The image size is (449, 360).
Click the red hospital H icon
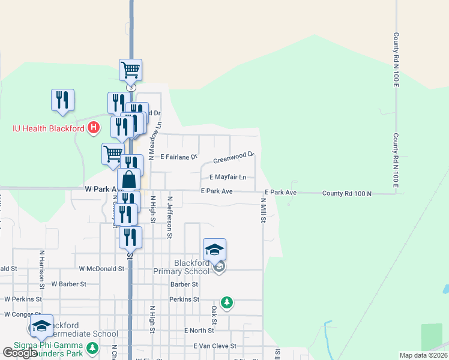coord(93,127)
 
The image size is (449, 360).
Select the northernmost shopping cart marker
coord(130,70)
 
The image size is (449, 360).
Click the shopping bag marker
coord(129,179)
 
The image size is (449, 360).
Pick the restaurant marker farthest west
coord(62,100)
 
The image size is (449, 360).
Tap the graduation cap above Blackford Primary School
coord(214,248)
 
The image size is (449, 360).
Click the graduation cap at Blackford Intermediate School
coord(41,325)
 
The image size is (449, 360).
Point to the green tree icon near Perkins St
coord(227,302)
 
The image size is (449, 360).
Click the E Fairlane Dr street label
coord(179,157)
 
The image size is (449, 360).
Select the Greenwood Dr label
coord(234,158)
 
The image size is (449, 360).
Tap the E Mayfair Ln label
coord(228,177)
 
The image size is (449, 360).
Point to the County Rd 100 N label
coord(347,193)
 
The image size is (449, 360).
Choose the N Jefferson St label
coord(170,217)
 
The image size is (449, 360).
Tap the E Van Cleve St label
coord(215,346)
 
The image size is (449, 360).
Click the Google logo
coord(20,353)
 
